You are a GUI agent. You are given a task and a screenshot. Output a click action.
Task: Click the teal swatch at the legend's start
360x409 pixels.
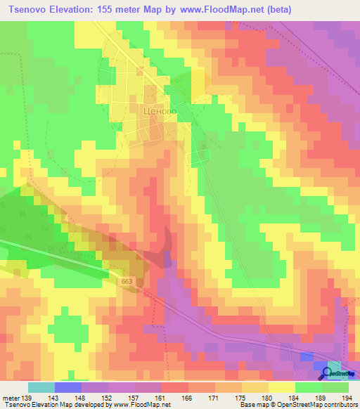pyautogui.click(x=41, y=387)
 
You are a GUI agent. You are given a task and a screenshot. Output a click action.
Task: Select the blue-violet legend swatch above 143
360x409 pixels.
pyautogui.click(x=67, y=387)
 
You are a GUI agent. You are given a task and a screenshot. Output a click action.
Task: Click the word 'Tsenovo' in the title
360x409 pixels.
pyautogui.click(x=28, y=10)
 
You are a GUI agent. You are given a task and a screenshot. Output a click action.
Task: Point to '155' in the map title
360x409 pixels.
pyautogui.click(x=113, y=10)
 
